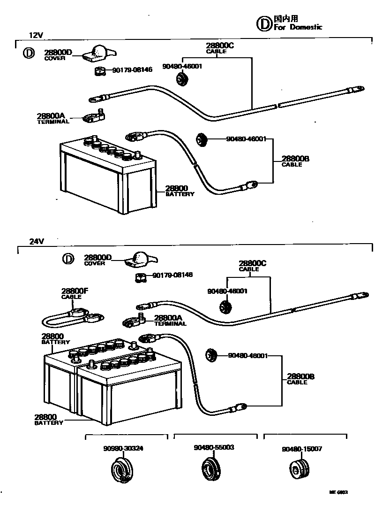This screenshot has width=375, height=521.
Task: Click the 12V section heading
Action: (x=36, y=35)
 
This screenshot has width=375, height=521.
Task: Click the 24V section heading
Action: (x=36, y=241)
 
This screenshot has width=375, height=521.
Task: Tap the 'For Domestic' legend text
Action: (x=298, y=27)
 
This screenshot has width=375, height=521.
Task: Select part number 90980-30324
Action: (x=123, y=448)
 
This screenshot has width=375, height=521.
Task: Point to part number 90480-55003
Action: (x=213, y=447)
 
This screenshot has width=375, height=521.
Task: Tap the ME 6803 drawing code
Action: (x=338, y=492)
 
